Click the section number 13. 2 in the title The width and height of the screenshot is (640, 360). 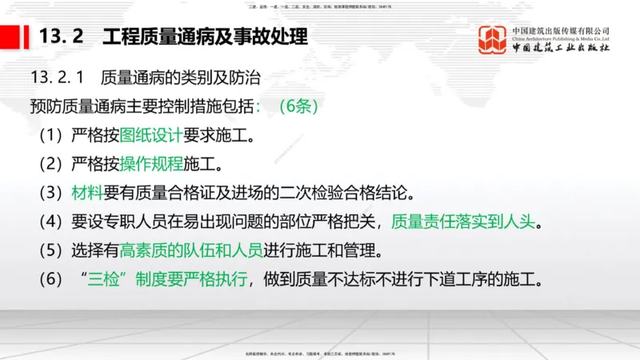point(62,37)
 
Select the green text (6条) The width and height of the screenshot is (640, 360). point(301,106)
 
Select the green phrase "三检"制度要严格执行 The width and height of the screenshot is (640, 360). point(165,280)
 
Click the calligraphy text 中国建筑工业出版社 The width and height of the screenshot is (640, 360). point(560,49)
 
